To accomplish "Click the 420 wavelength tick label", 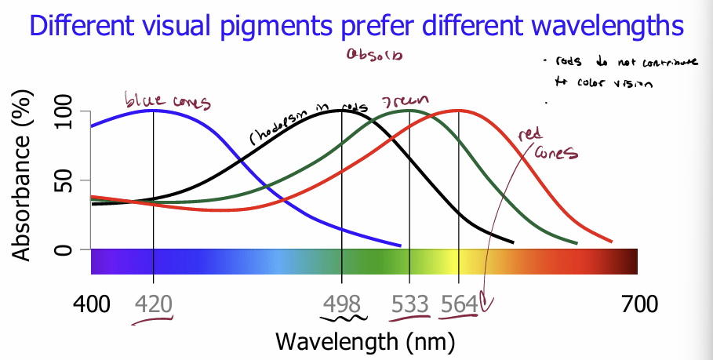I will click(x=153, y=303).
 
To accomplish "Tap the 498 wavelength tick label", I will click(x=342, y=303).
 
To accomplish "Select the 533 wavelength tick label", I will click(x=409, y=303).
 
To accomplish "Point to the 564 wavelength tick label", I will click(x=457, y=303).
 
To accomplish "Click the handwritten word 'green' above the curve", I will click(x=404, y=103).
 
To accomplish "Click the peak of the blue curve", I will click(x=153, y=110).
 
